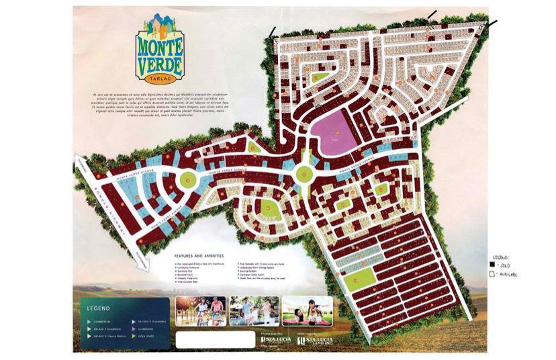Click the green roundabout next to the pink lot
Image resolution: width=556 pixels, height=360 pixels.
click(x=305, y=174)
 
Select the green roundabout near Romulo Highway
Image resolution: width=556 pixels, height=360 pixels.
click(x=187, y=179)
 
